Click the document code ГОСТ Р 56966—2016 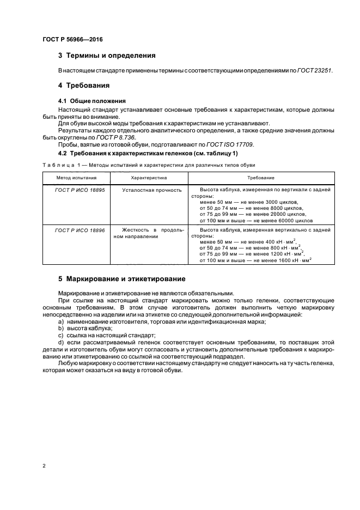click(x=72, y=40)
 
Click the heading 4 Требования click(x=84, y=86)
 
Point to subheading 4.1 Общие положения click(x=91, y=101)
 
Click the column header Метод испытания click(x=77, y=178)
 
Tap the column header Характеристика click(x=149, y=178)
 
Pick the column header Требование click(x=260, y=178)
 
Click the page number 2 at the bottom click(x=44, y=466)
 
